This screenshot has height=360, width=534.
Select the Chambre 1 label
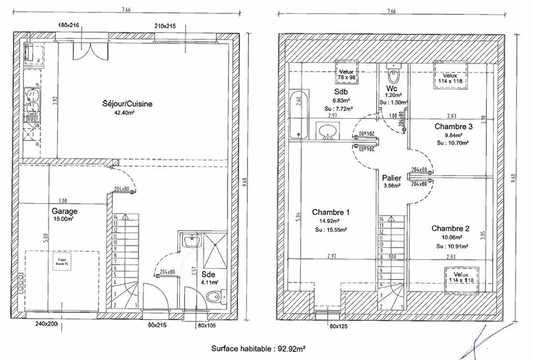click(x=331, y=212)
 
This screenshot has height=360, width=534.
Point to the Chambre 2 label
click(x=450, y=228)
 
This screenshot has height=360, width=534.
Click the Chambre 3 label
click(x=453, y=126)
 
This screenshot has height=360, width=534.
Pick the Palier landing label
click(x=392, y=177)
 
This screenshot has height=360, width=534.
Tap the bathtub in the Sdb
click(x=299, y=115)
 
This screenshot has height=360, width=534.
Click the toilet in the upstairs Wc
click(x=393, y=76)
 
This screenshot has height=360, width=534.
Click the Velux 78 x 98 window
click(x=346, y=74)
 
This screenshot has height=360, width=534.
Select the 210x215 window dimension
click(x=165, y=25)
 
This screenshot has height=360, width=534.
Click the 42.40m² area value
click(x=124, y=113)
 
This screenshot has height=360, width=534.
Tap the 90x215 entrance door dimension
click(x=157, y=324)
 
